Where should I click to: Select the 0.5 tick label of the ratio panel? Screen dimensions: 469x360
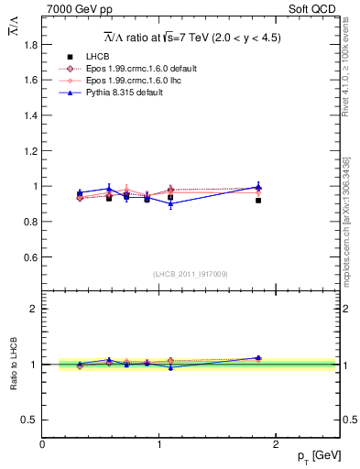[x=30, y=420]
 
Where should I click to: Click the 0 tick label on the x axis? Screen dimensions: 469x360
[x=43, y=443]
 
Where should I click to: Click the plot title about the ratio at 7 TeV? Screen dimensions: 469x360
[x=191, y=38]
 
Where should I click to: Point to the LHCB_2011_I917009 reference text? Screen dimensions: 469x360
[x=191, y=274]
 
